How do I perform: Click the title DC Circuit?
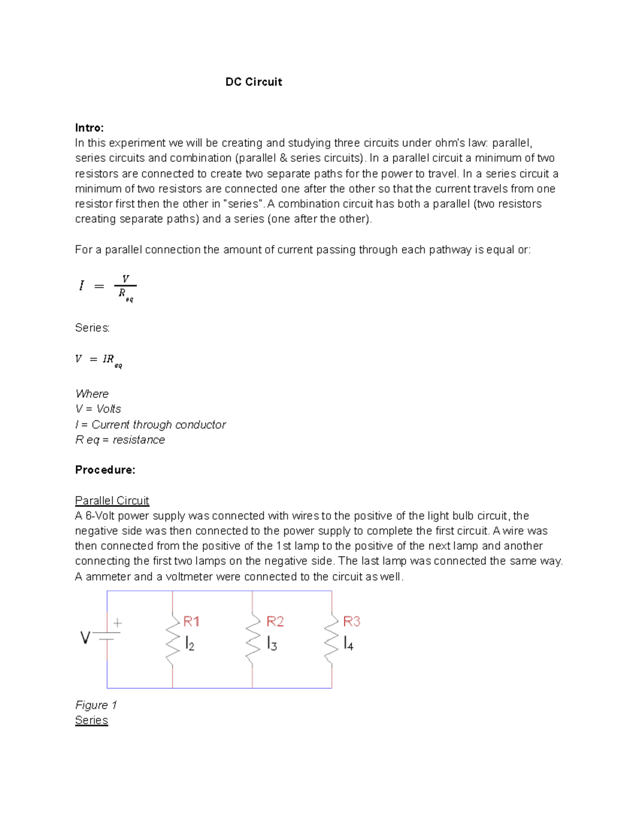coord(253,82)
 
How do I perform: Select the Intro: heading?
coord(89,128)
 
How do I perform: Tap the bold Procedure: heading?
coord(105,470)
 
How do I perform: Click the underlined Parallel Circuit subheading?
coord(112,501)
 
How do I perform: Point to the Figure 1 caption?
coord(96,705)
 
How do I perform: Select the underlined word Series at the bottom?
coord(91,720)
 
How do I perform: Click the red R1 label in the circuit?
coord(191,621)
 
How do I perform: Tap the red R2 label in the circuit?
coord(275,621)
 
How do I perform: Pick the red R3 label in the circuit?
coord(351,621)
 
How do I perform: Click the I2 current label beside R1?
coord(190,644)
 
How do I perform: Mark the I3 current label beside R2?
coord(272,644)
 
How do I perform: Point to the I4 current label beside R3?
coord(348,644)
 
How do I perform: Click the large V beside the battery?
coord(85,637)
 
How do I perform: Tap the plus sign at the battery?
coord(117,623)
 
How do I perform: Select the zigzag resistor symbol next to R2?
coord(252,639)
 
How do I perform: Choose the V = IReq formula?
coord(99,361)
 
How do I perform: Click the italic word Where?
coord(92,394)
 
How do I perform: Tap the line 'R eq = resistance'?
coord(120,440)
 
